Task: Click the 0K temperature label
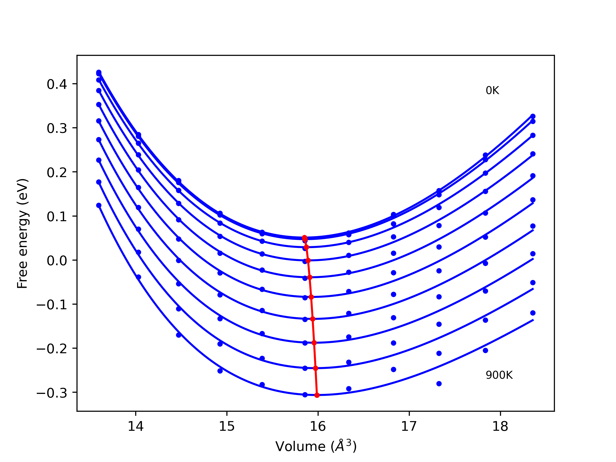[492, 90]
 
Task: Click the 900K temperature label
[499, 375]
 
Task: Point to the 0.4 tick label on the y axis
[57, 84]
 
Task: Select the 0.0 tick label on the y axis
[57, 261]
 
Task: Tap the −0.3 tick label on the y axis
[52, 393]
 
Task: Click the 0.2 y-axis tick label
[57, 172]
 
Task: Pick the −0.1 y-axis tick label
[52, 305]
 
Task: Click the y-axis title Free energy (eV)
[22, 233]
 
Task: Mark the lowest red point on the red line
[317, 395]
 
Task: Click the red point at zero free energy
[308, 260]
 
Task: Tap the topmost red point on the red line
[304, 237]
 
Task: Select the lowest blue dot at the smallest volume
[99, 205]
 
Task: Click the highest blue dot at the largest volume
[533, 116]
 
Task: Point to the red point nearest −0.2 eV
[314, 343]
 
